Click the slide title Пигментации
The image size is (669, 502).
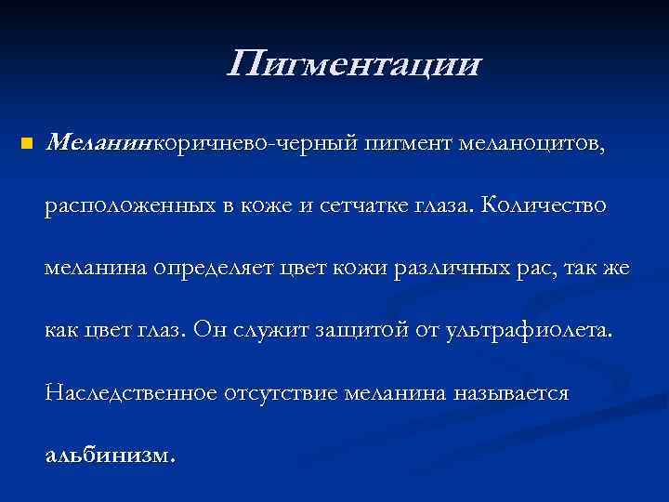pos(354,65)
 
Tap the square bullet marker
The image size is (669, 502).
pos(26,145)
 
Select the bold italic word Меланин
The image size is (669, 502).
pos(100,143)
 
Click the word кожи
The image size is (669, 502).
pos(361,269)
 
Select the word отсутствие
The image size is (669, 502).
pos(281,393)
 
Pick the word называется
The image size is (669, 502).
pos(511,393)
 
